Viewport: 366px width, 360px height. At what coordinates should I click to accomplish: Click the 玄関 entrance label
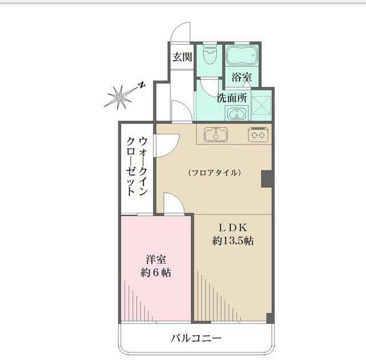[x=182, y=57]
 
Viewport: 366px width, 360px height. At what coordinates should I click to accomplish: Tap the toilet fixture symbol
[x=210, y=55]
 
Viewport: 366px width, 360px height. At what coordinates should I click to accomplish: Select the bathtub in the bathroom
[x=241, y=55]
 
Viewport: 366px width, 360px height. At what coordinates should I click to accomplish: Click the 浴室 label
[x=241, y=77]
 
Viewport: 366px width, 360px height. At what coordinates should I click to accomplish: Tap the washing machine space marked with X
[x=261, y=106]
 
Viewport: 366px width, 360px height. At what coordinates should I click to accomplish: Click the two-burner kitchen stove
[x=258, y=135]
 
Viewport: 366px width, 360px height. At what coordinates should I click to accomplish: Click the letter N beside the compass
[x=141, y=86]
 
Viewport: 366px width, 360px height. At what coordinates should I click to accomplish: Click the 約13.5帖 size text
[x=233, y=241]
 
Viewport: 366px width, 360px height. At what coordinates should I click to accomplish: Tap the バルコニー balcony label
[x=196, y=338]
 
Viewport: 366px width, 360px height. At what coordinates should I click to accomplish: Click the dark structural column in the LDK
[x=266, y=179]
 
